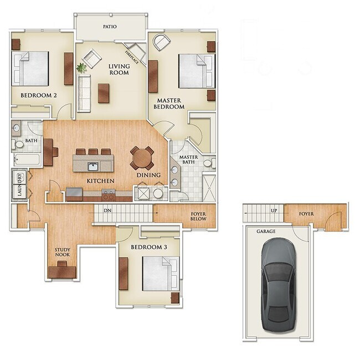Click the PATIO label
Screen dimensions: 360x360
(x=110, y=26)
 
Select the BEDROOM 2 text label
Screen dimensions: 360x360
(x=39, y=95)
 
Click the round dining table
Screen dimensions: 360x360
(x=142, y=158)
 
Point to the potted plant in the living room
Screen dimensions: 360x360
(x=82, y=68)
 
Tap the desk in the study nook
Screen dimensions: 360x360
(x=62, y=271)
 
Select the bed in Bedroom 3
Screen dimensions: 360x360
(x=160, y=274)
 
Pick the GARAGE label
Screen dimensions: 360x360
(x=266, y=232)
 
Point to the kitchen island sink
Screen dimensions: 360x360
(x=92, y=166)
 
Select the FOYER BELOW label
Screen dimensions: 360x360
(x=198, y=216)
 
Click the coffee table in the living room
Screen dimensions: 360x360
(x=104, y=92)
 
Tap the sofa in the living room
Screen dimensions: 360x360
(x=84, y=93)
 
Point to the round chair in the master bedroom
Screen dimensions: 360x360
(x=161, y=42)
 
